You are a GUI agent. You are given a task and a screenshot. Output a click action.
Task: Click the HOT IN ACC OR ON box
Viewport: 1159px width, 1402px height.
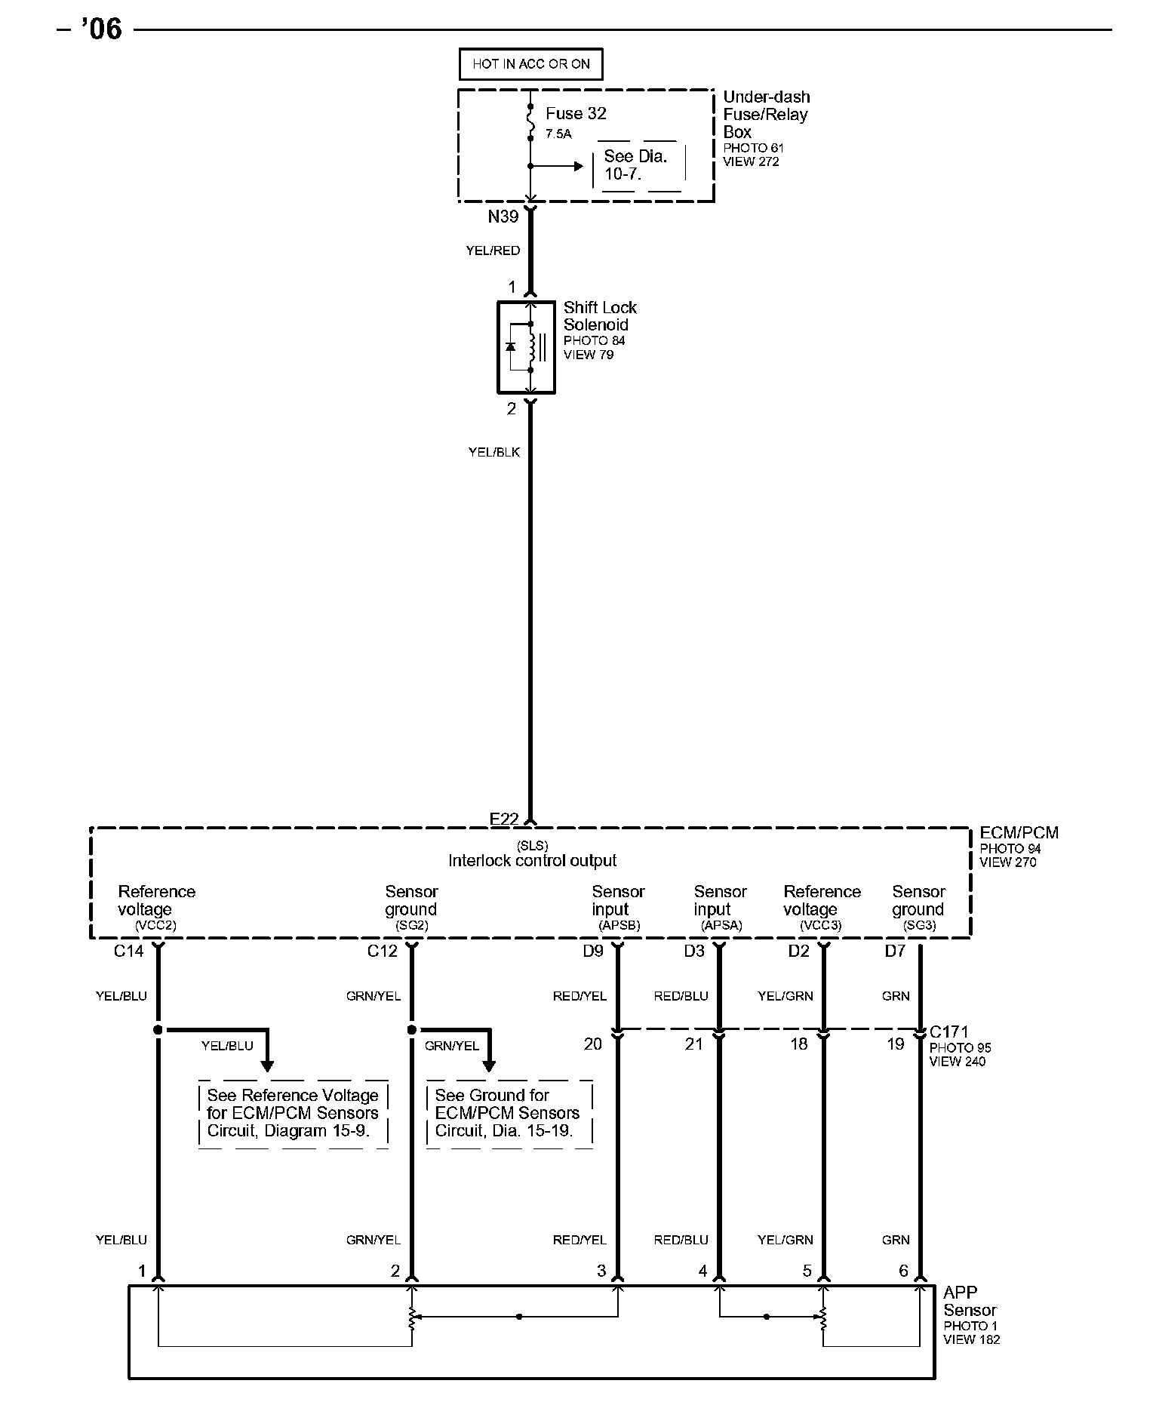click(530, 64)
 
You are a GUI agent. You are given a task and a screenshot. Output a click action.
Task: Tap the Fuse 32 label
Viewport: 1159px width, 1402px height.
click(576, 114)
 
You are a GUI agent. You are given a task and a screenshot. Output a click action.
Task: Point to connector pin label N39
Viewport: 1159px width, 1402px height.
click(503, 217)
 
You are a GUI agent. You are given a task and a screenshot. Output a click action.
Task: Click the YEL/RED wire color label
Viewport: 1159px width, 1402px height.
click(493, 251)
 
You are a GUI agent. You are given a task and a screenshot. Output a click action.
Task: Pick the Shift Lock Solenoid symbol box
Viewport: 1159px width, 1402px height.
click(526, 348)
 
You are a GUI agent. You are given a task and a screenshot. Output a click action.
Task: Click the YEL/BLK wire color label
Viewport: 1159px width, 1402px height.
click(493, 452)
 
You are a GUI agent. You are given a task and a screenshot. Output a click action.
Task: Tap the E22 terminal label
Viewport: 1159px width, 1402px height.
click(504, 819)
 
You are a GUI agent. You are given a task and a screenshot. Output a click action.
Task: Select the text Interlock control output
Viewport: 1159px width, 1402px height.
click(532, 861)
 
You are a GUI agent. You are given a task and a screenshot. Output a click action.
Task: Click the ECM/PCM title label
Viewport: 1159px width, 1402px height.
click(1019, 833)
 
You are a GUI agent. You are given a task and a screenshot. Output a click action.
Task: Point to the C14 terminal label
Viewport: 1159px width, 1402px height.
click(129, 951)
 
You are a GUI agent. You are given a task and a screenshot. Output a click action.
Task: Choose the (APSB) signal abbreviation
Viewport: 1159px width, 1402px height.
click(619, 925)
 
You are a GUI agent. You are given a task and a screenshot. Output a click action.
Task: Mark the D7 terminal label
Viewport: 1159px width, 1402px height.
click(895, 951)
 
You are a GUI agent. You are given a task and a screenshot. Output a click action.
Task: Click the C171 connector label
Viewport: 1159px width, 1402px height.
click(948, 1032)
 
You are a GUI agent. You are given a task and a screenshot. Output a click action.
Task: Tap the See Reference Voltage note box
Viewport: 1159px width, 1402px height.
click(293, 1113)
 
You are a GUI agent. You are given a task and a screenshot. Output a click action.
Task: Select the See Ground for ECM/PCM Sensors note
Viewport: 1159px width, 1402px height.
click(508, 1113)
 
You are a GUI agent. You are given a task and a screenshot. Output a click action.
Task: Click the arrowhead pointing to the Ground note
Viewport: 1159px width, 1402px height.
click(488, 1065)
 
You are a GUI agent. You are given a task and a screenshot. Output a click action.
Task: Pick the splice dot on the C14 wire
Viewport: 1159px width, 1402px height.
click(158, 1029)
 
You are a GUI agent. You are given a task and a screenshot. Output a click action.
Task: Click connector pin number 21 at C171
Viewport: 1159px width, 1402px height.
click(693, 1044)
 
